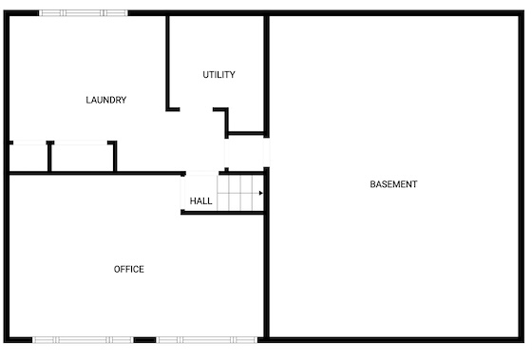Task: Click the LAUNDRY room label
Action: click(106, 100)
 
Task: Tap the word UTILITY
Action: click(218, 75)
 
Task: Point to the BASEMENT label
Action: click(393, 184)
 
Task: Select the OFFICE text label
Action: click(129, 269)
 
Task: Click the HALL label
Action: click(200, 201)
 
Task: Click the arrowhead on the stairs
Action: click(261, 193)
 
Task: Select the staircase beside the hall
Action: click(240, 193)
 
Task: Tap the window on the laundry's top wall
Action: click(84, 13)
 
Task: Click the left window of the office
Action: click(84, 340)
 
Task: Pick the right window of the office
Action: click(207, 340)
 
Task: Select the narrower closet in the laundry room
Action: click(28, 157)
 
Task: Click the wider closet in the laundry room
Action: click(82, 157)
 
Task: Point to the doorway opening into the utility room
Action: click(196, 109)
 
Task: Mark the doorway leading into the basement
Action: click(267, 152)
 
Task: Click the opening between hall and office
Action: click(182, 193)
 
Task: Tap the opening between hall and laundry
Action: click(202, 174)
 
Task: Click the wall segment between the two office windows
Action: click(144, 340)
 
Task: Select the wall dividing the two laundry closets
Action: click(49, 157)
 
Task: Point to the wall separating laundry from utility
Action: click(167, 63)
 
